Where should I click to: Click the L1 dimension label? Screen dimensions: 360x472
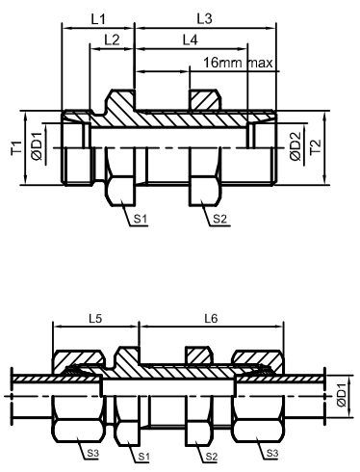98,19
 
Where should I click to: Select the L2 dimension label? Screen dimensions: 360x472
112,39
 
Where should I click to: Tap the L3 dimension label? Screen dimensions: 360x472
204,19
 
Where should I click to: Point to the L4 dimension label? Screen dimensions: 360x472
191,40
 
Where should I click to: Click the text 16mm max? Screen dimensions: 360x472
238,63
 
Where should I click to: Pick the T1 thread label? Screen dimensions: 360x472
16,148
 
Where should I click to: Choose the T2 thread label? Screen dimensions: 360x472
316,147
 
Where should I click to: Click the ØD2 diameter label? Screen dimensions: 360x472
296,146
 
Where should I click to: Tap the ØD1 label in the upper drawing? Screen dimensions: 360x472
37,146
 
